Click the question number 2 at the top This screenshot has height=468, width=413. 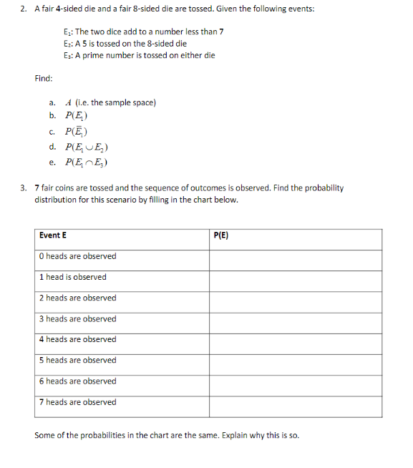(24, 9)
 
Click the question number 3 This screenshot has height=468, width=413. (24, 188)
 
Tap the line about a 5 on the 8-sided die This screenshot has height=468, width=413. (125, 44)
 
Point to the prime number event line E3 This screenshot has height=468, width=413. (138, 55)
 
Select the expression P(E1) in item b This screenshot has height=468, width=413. (76, 116)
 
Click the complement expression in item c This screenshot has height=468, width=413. (76, 131)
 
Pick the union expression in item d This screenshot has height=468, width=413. (86, 147)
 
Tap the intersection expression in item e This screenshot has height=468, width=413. (86, 162)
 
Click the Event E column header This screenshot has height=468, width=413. (53, 235)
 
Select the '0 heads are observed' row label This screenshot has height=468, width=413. (77, 256)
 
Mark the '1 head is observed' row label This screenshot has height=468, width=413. (73, 277)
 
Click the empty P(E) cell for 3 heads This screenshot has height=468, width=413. (295, 319)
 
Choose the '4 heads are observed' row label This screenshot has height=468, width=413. (77, 339)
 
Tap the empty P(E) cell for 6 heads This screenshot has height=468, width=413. (295, 381)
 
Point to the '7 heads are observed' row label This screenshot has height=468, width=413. (77, 402)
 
